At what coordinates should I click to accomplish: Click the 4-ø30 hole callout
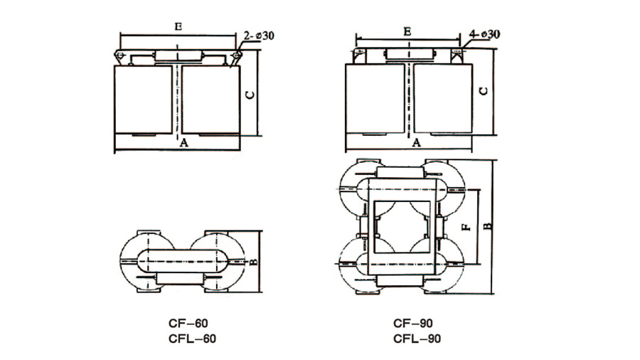485,33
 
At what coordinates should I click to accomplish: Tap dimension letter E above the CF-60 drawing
178,26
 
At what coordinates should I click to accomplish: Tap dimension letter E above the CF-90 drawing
407,31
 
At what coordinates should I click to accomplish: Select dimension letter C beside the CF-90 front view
482,91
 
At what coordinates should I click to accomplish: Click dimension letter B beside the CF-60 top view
255,262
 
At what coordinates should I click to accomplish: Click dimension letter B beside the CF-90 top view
488,226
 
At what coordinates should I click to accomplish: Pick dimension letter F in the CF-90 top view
464,229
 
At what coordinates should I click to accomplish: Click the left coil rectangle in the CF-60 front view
142,98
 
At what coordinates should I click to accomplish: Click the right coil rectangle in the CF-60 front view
210,98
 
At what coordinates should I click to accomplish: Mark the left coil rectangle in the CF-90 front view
374,98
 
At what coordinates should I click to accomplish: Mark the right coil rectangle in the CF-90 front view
442,98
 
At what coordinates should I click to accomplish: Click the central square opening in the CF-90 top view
401,228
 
